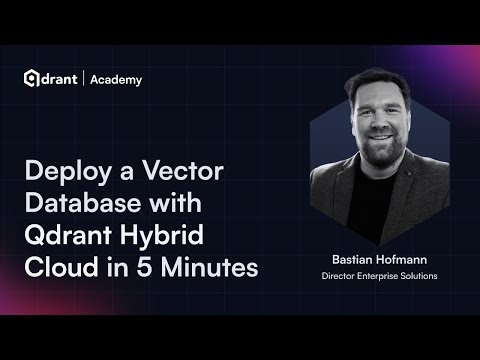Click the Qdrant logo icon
[32, 79]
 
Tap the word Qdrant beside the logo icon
[63, 79]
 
